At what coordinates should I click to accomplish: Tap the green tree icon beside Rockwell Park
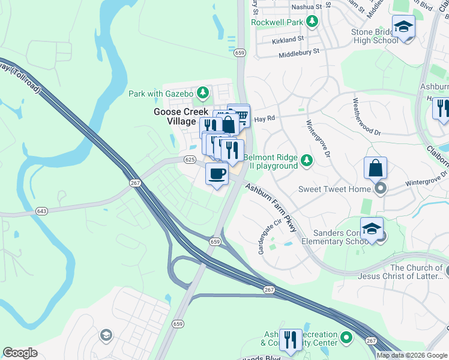click(x=312, y=22)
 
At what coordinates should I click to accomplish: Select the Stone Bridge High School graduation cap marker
click(x=403, y=26)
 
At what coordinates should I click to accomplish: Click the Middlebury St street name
click(x=298, y=53)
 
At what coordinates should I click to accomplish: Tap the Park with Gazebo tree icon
click(x=203, y=93)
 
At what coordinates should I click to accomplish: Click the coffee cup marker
click(x=217, y=174)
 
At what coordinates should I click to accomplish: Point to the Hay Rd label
click(x=264, y=119)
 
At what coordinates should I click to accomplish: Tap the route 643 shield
click(x=41, y=211)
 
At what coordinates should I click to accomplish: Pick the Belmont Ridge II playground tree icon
click(x=307, y=160)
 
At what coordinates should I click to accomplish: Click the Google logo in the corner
click(x=20, y=353)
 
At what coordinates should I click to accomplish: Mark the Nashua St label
click(x=306, y=7)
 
